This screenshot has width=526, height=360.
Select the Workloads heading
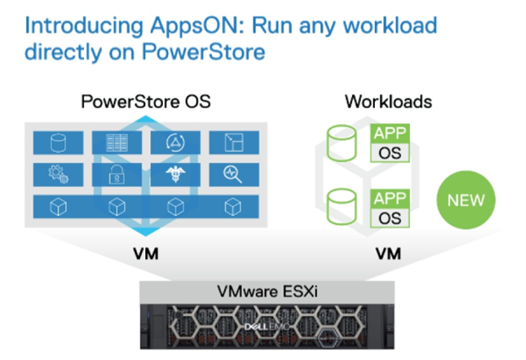click(389, 102)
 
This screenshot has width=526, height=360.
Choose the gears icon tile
click(56, 175)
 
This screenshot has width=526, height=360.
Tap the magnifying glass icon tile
click(233, 175)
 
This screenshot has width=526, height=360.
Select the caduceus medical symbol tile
click(176, 175)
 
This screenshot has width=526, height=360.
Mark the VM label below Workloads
click(389, 253)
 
